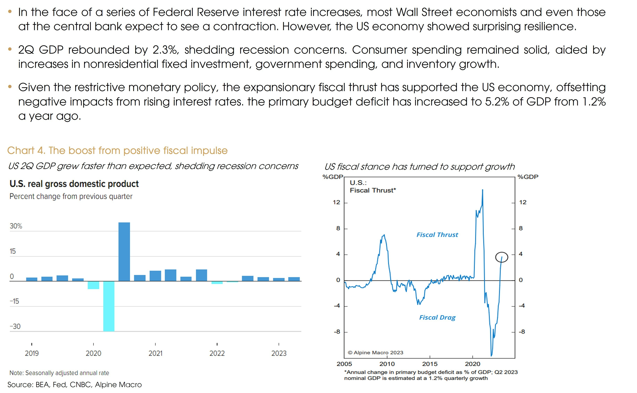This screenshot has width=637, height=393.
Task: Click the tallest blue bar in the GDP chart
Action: tap(124, 252)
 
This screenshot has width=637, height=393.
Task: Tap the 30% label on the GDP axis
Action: tap(16, 226)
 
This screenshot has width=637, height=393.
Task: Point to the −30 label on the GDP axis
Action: tap(15, 327)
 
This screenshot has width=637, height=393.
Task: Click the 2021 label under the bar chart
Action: tap(155, 353)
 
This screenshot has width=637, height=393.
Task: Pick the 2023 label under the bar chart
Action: tap(279, 353)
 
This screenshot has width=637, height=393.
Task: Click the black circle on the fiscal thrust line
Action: tap(501, 257)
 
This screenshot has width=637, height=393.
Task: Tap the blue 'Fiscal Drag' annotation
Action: tap(437, 318)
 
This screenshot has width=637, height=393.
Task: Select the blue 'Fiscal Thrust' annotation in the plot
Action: tap(437, 235)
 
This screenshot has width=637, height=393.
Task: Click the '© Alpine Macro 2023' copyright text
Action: tap(375, 353)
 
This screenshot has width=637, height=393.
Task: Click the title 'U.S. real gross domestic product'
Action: tap(74, 184)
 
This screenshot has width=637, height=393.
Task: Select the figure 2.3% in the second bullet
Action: tap(165, 50)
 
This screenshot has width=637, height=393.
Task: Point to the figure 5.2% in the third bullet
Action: tap(497, 102)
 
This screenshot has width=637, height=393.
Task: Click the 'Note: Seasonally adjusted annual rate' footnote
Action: tap(59, 373)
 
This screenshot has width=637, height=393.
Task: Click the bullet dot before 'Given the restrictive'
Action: tap(10, 87)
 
